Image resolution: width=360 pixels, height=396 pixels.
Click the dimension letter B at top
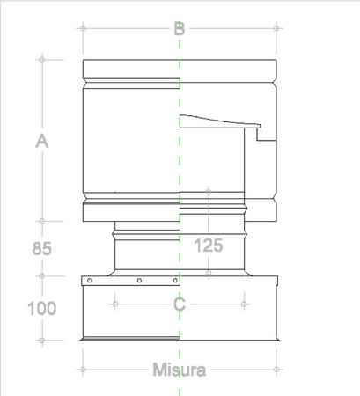[x=179, y=28]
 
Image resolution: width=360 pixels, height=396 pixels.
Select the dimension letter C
[x=179, y=304]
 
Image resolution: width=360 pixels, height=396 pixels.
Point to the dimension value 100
[x=41, y=308]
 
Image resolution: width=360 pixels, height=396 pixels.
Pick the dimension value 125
[x=208, y=246]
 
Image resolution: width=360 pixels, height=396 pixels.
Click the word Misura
[x=178, y=370]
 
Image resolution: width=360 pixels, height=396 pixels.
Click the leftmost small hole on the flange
[x=89, y=282]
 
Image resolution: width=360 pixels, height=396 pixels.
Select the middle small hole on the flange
[x=139, y=282]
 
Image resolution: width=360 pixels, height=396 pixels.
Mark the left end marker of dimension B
[x=82, y=28]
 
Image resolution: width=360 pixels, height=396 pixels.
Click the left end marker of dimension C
[x=114, y=304]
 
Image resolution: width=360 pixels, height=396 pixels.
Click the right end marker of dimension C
[x=244, y=304]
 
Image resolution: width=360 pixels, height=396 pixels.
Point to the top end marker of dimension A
[x=40, y=59]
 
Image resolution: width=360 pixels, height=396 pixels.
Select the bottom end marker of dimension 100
[x=40, y=341]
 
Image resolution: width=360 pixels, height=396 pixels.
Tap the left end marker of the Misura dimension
[x=82, y=369]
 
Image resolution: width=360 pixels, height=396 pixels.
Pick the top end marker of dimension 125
[x=208, y=190]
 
